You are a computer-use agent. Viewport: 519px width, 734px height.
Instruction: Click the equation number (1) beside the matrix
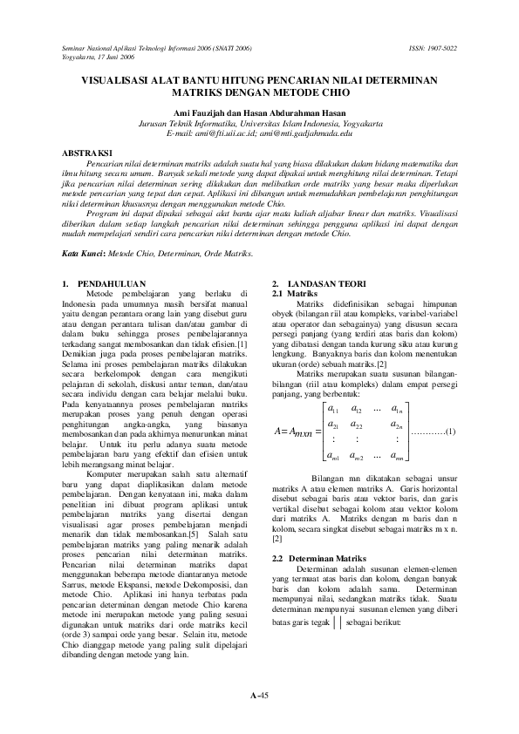coord(451,432)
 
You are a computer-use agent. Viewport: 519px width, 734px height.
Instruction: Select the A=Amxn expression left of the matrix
coord(294,432)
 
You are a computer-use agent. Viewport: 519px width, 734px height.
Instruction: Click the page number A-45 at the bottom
coord(259,695)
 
